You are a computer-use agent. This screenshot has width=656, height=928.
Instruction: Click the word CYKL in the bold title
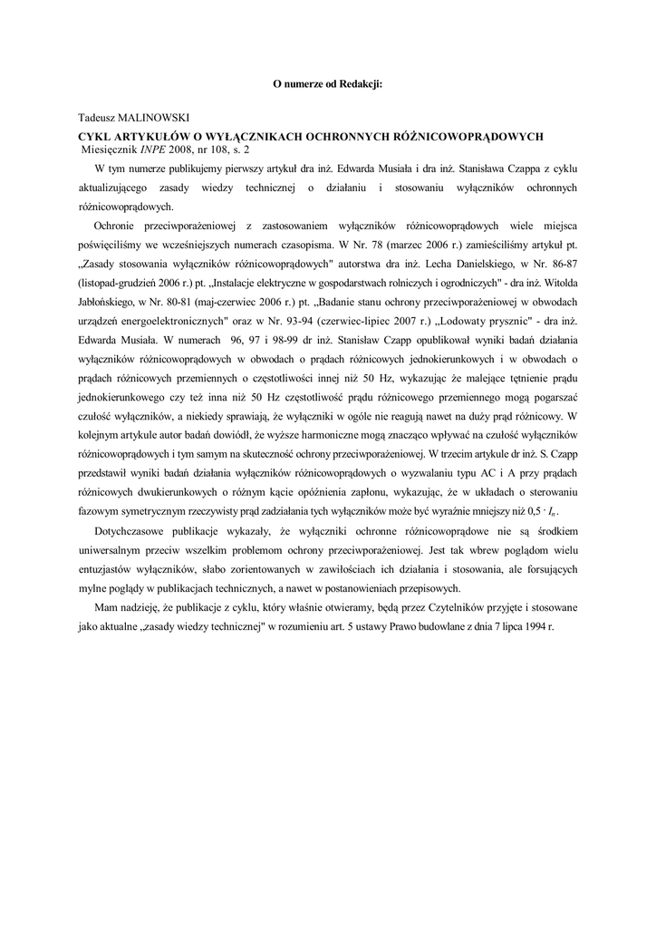96,136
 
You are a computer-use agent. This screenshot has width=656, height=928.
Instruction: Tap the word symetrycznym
150,510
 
